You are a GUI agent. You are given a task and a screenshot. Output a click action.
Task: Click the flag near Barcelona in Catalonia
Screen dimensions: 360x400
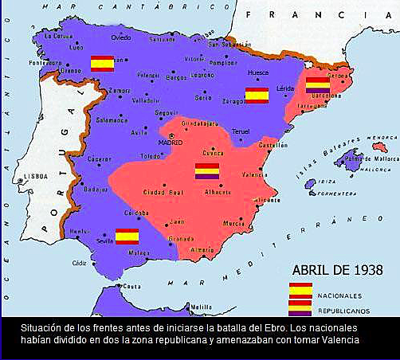318,85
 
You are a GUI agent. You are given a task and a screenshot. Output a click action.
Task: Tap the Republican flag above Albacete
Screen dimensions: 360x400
207,171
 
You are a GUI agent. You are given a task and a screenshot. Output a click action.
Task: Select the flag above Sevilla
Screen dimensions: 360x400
127,236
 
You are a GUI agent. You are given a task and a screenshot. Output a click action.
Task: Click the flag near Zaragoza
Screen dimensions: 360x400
257,96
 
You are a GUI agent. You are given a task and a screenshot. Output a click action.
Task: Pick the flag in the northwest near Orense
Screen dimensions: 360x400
102,64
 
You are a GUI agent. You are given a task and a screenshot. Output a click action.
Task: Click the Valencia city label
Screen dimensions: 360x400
254,174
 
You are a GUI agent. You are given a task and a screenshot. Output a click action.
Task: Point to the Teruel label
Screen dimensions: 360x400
241,131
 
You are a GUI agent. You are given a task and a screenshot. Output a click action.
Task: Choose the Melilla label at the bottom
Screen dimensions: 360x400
201,307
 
